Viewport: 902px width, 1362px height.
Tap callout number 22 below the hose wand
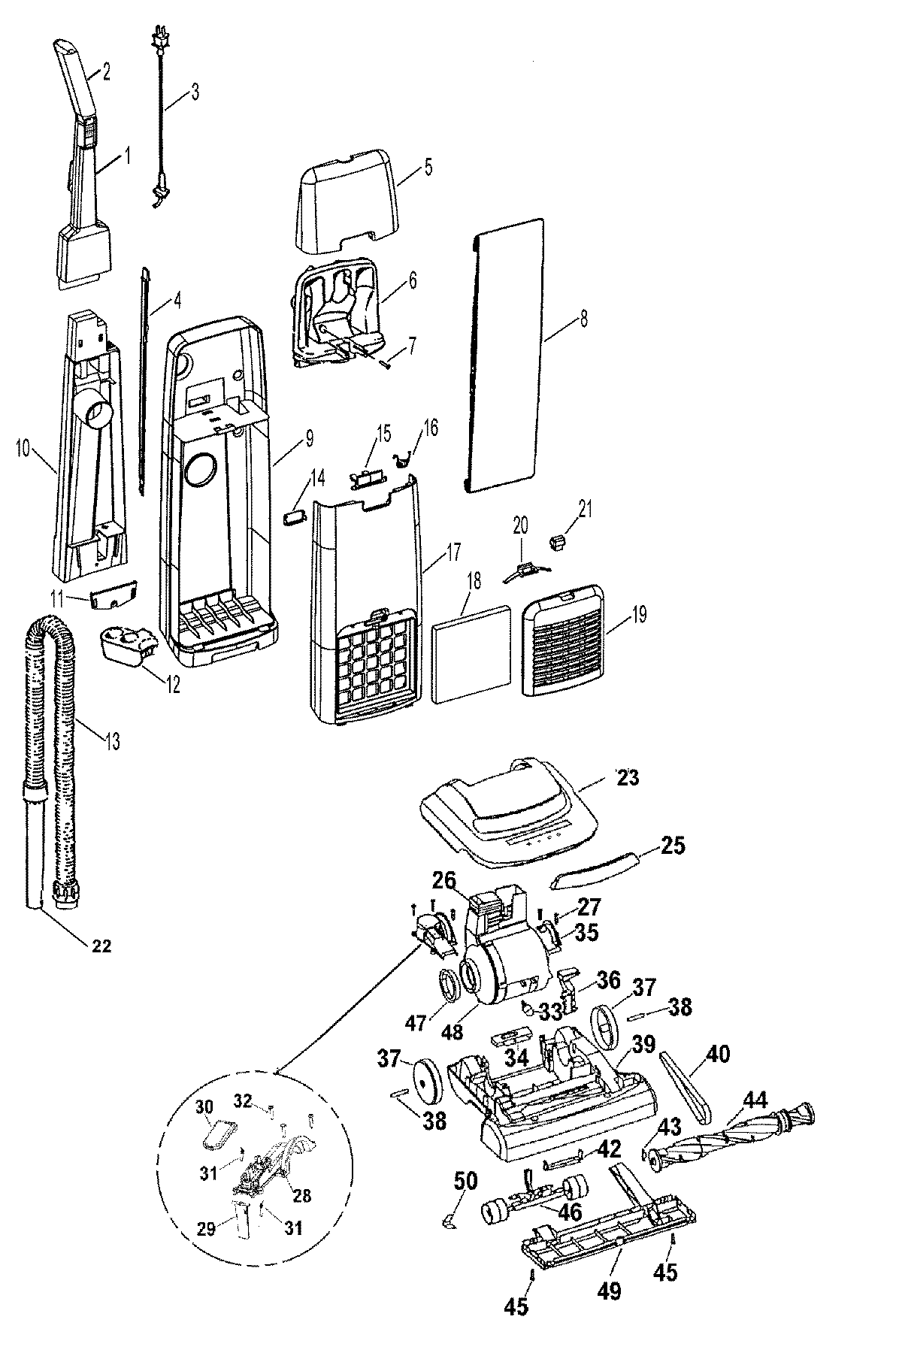tap(101, 946)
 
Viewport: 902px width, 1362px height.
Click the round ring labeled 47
tap(449, 985)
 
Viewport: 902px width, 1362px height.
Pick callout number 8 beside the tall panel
tap(583, 319)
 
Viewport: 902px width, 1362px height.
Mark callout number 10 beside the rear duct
tap(22, 450)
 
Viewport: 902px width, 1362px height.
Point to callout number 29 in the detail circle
tap(206, 1228)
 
